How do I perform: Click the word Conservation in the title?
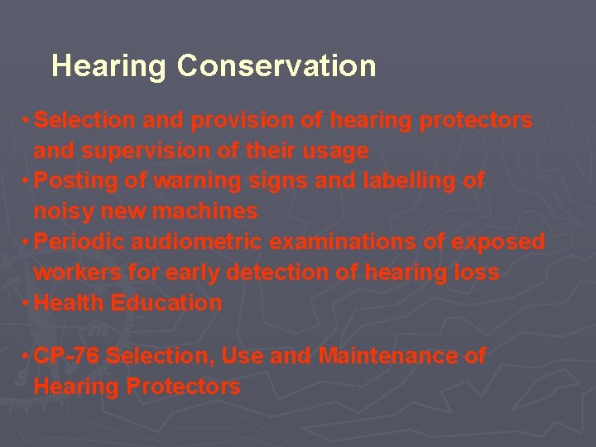[276, 65]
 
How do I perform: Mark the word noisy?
[64, 212]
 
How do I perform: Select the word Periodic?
[77, 243]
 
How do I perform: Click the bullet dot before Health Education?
[27, 303]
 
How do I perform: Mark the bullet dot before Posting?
[27, 181]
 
